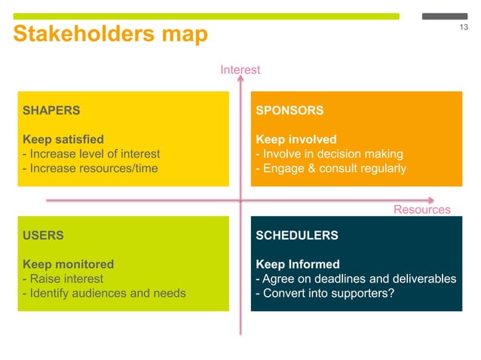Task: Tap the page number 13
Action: click(463, 29)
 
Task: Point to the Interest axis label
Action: click(240, 70)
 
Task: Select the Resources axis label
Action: click(421, 210)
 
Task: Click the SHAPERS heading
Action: click(51, 110)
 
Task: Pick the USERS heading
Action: click(44, 235)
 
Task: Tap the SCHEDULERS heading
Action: click(297, 235)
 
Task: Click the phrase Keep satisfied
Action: click(63, 139)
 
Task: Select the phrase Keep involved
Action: click(296, 139)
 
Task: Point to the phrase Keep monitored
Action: click(69, 264)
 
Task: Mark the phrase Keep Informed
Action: click(298, 264)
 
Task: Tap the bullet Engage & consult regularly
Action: click(331, 168)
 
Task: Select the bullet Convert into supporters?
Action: click(325, 293)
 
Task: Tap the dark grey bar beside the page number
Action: click(445, 16)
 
